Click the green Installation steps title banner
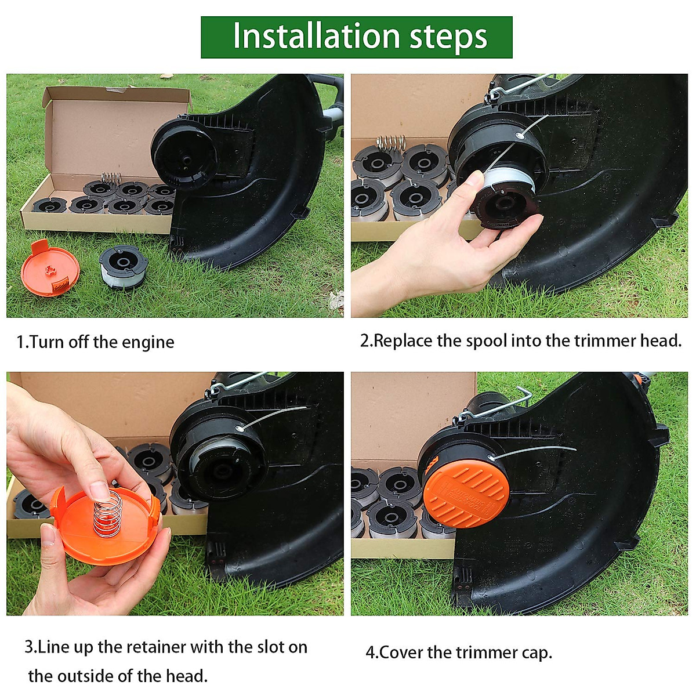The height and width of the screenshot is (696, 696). [x=356, y=37]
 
